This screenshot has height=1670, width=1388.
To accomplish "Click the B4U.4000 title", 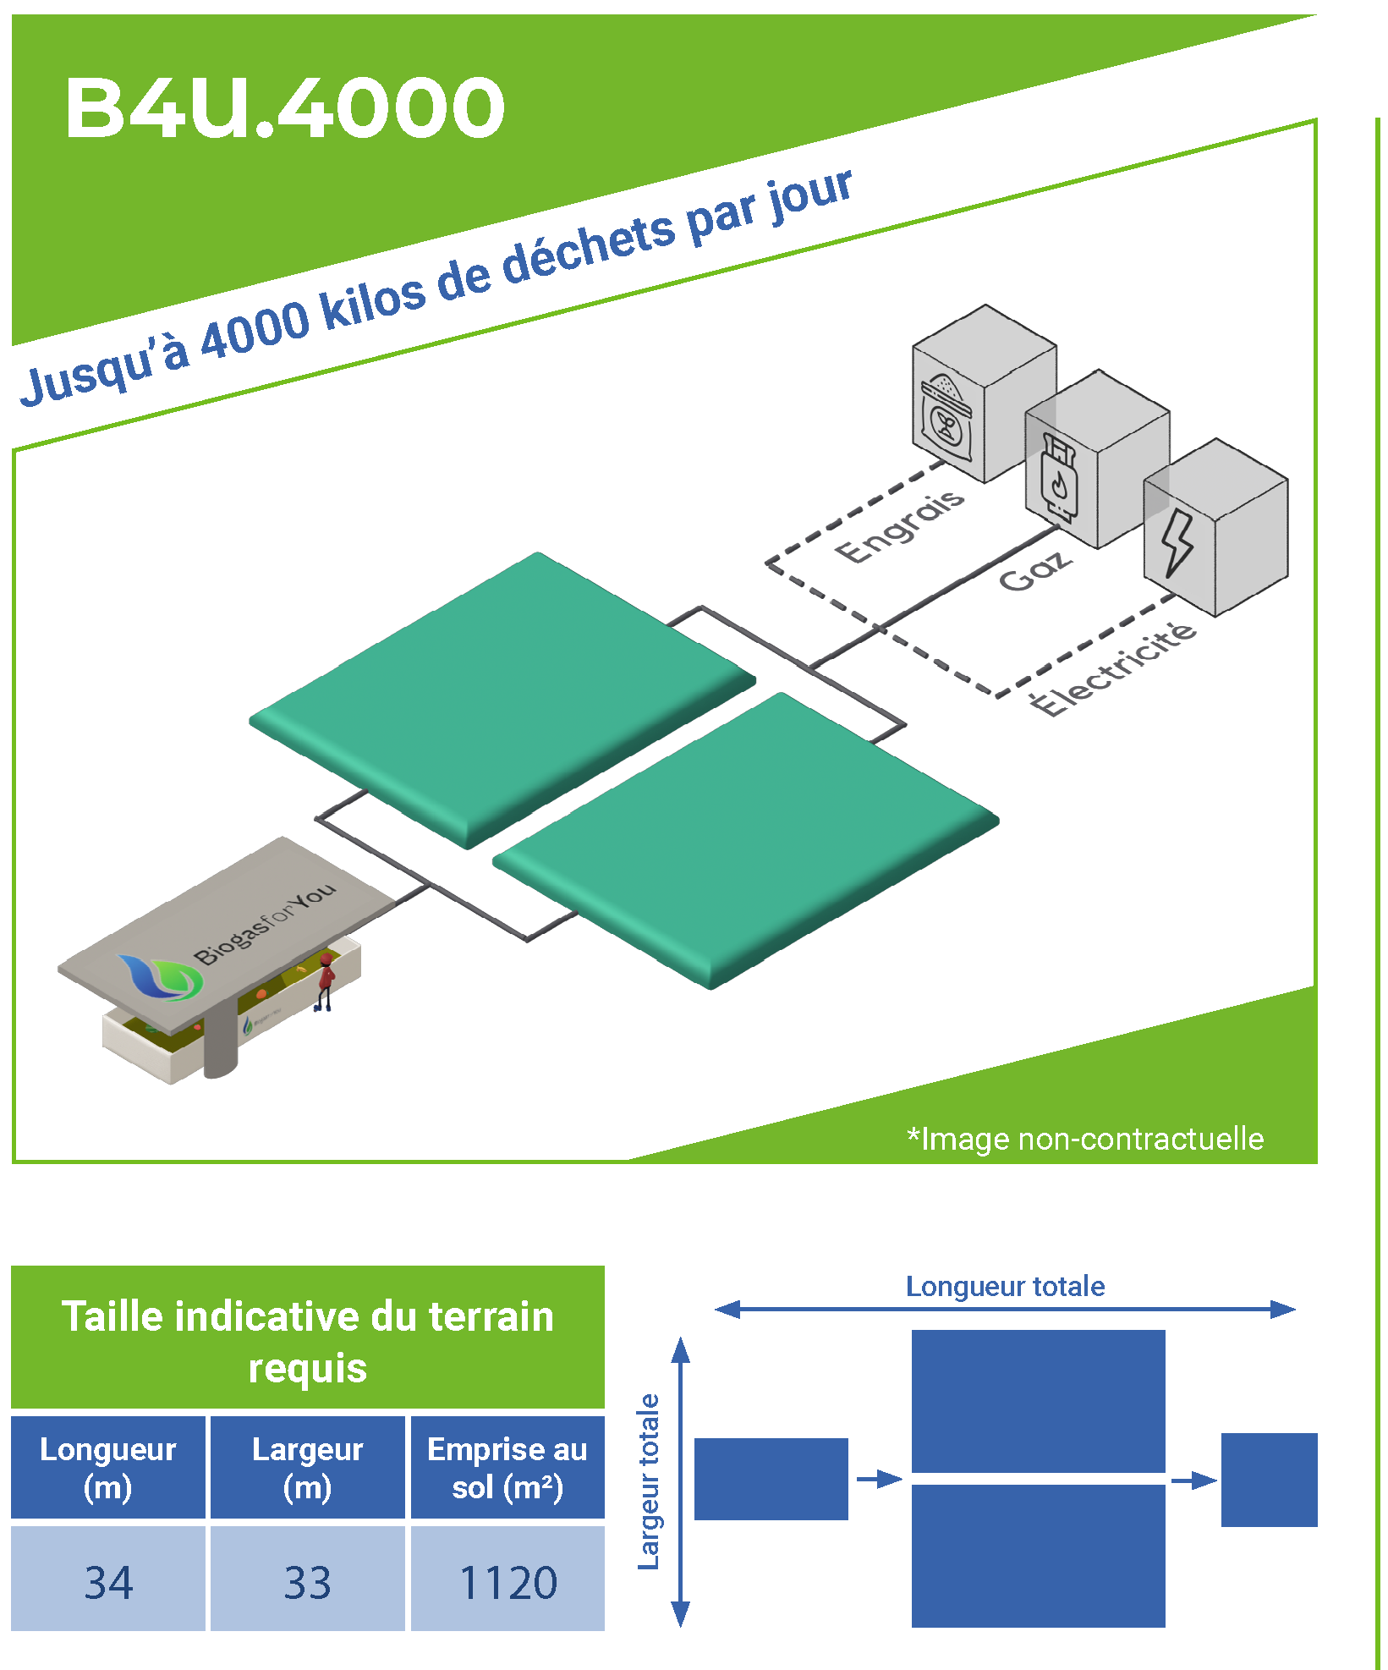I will [285, 107].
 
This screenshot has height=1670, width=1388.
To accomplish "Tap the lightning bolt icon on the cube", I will [1177, 542].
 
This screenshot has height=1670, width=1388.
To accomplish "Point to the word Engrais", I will [899, 525].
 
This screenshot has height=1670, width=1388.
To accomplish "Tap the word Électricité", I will [1113, 668].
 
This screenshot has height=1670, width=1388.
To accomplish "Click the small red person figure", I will [325, 981].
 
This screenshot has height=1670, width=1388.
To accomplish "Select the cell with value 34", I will [108, 1582].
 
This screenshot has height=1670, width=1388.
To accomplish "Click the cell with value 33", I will [307, 1582].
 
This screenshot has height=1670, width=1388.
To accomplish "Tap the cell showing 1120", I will [507, 1582].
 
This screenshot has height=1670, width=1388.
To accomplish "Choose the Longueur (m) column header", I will [108, 1468].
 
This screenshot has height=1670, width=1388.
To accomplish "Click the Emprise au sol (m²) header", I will [507, 1468].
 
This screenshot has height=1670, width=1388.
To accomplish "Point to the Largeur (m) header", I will [307, 1468].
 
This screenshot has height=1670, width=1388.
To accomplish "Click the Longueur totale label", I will [1005, 1286].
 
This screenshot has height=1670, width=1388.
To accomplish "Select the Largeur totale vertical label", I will [649, 1481].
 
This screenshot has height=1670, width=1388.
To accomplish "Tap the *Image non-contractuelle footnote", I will [1085, 1139].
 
